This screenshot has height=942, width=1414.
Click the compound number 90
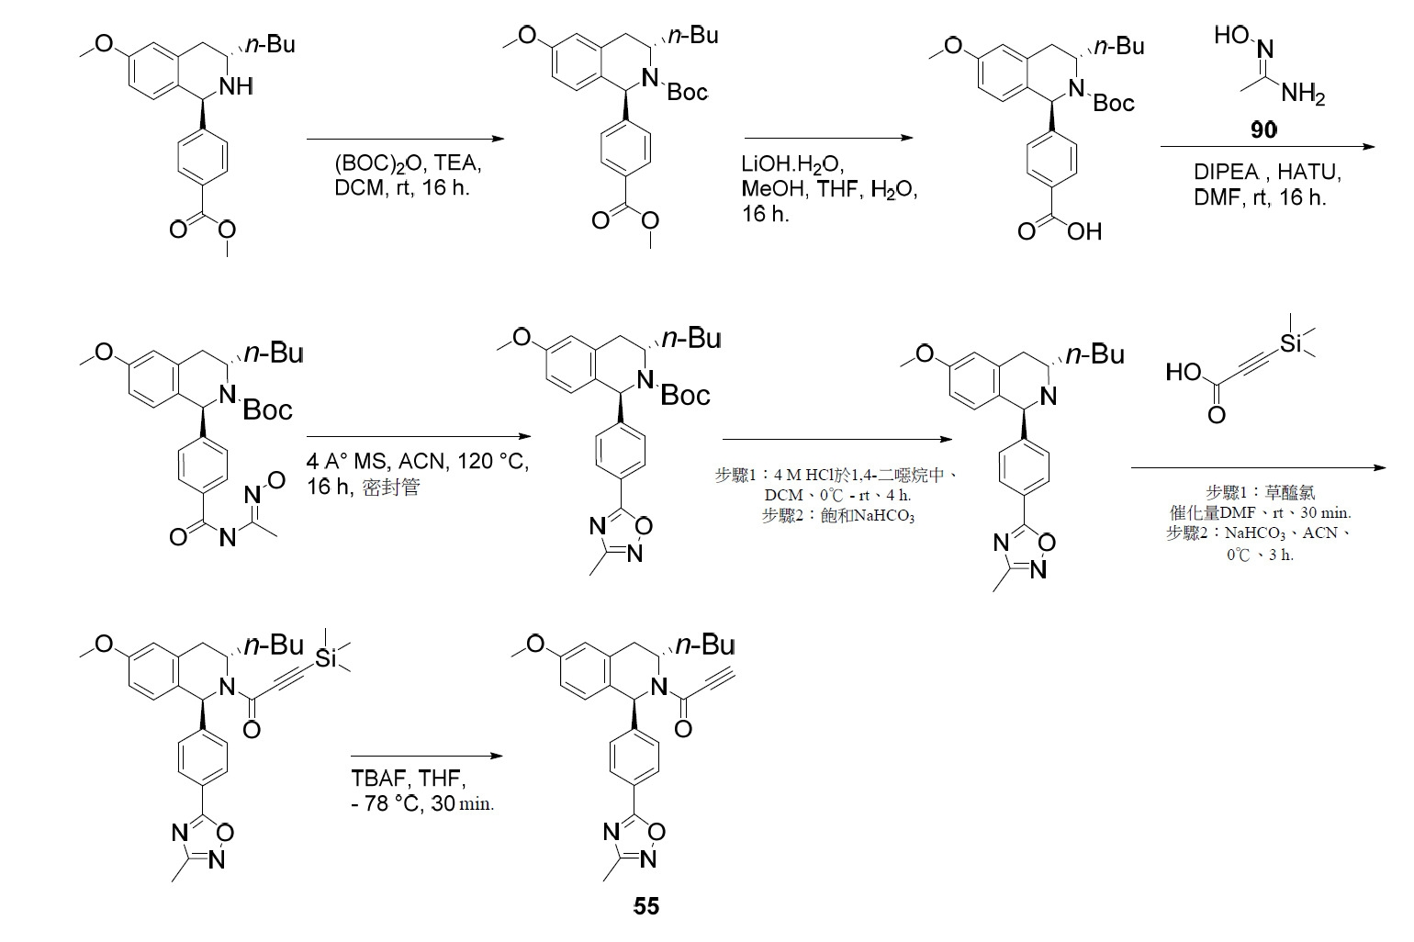1263,130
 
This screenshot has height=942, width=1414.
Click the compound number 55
645,906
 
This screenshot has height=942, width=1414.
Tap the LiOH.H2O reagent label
792,164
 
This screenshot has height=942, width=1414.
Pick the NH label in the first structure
236,86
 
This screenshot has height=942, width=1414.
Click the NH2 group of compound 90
1303,94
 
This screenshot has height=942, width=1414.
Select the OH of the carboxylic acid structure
1084,231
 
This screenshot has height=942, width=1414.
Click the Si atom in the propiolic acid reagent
1291,343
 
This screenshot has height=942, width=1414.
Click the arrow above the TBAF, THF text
427,756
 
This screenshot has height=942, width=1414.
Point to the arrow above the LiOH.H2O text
829,138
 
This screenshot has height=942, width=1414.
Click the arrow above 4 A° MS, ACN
419,436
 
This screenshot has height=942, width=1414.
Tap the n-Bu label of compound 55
705,645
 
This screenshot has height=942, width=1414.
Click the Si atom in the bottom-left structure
326,658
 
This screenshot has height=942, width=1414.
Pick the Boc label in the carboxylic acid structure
1114,103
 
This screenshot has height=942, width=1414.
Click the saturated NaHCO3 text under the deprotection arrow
837,516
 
